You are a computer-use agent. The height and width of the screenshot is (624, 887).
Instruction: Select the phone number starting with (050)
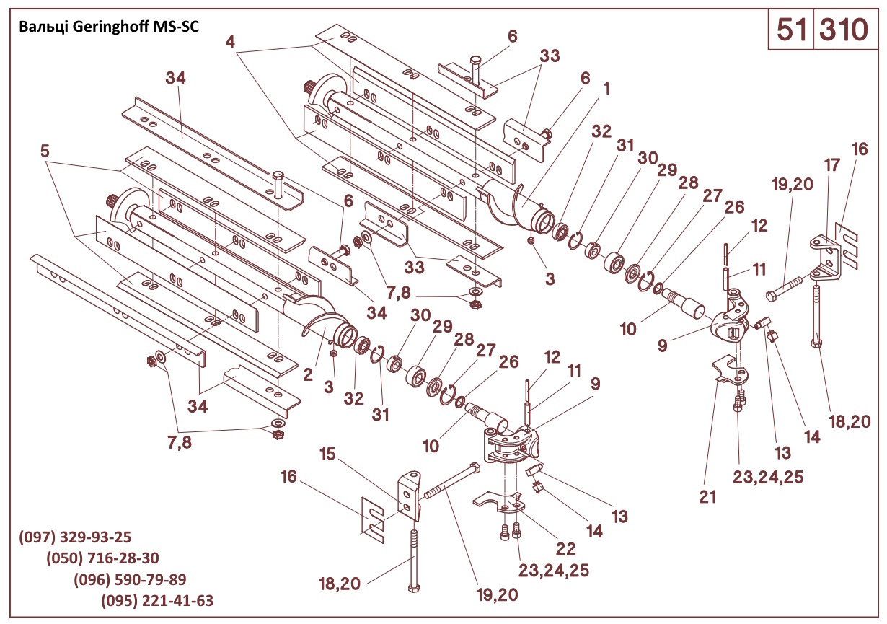pos(102,559)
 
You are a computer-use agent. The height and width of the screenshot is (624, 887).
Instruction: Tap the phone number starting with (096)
pos(131,580)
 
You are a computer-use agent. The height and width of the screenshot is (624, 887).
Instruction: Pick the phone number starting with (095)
pos(157,601)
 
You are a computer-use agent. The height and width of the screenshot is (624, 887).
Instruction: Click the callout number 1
pos(606,88)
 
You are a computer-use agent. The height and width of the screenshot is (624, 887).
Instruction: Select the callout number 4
pos(230,42)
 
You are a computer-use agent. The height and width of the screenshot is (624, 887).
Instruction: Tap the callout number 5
pos(45,151)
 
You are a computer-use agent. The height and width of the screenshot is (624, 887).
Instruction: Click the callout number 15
pos(328,454)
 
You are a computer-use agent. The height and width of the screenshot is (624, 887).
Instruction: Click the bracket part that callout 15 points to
pos(409,494)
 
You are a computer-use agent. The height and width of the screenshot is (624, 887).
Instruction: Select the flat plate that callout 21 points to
pos(730,369)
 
